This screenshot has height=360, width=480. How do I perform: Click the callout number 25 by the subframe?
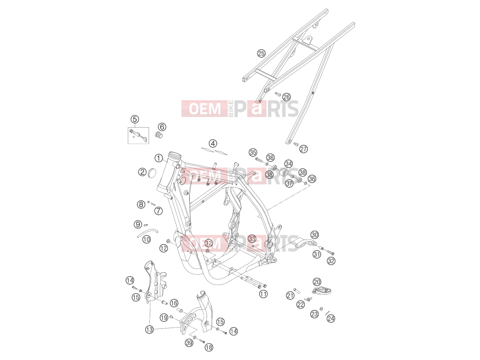[x=261, y=53]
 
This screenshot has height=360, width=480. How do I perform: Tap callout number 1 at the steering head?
[x=159, y=158]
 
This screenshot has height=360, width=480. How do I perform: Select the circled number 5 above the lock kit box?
[x=135, y=119]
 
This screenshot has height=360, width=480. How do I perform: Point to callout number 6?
[x=162, y=127]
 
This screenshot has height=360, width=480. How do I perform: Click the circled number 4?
[x=213, y=143]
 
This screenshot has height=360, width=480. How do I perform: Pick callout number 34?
[x=288, y=163]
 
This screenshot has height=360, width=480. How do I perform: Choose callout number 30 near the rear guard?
[x=315, y=235]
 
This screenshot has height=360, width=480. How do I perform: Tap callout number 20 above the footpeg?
[x=317, y=282]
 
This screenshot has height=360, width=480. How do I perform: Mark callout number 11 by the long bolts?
[x=263, y=294]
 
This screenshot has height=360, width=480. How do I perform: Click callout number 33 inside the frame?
[x=252, y=238]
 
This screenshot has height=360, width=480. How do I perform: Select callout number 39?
[x=189, y=343]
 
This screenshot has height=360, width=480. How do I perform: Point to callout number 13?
[x=149, y=329]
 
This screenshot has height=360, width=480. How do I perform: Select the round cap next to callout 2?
[x=152, y=172]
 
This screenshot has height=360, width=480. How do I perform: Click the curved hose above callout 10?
[x=147, y=233]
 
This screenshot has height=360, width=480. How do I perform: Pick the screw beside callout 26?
[x=278, y=94]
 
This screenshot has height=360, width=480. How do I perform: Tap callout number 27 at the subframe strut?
[x=303, y=149]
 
